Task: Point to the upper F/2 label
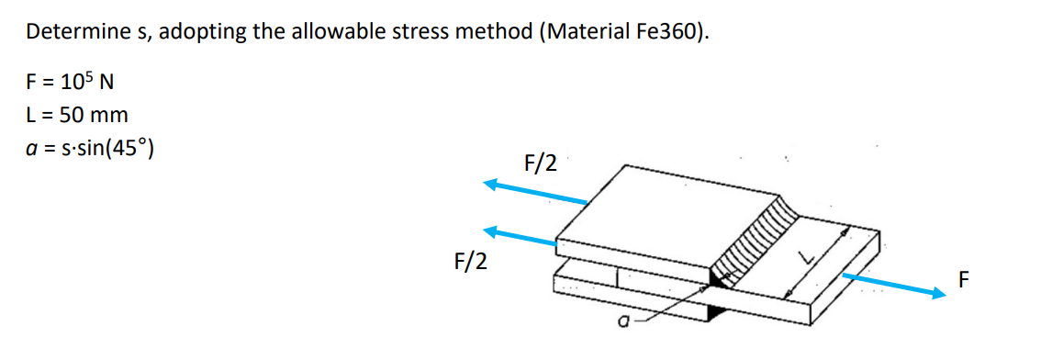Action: [540, 163]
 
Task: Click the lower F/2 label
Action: [470, 262]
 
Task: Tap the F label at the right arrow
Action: [963, 278]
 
